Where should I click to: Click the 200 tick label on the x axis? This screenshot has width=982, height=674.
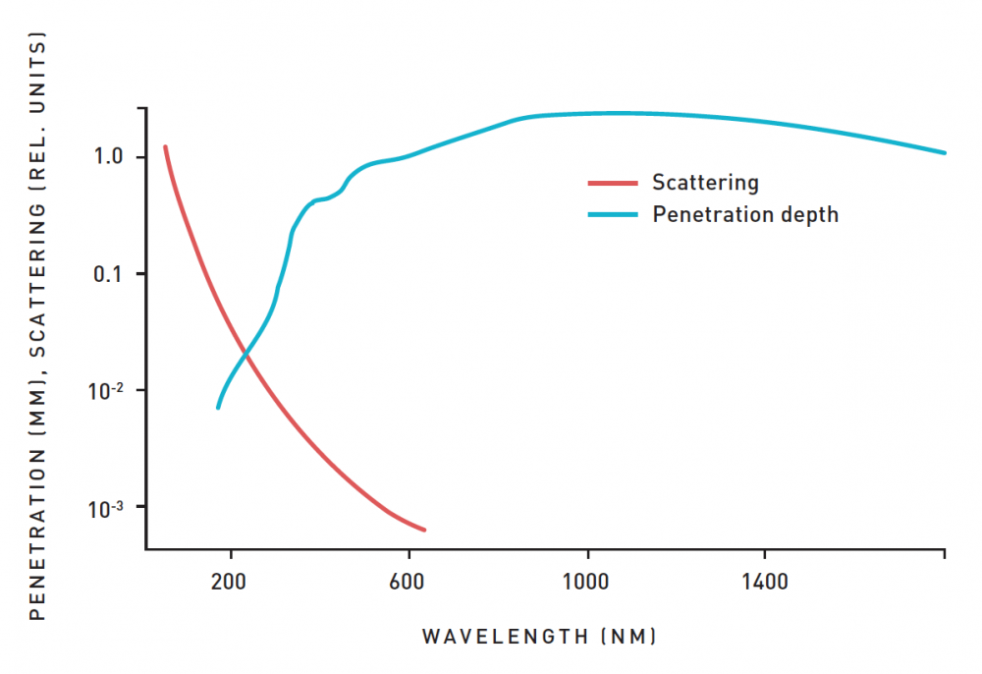click(229, 582)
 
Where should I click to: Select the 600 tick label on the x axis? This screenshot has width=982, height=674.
click(408, 582)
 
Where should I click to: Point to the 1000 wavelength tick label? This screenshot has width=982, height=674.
click(586, 582)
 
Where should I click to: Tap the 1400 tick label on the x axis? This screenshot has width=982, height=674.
click(765, 582)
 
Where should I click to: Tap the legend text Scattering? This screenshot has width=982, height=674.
click(705, 183)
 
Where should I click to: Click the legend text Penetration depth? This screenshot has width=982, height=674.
click(745, 214)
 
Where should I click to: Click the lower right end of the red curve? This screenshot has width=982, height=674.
click(424, 531)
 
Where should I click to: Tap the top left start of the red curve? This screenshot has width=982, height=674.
click(165, 146)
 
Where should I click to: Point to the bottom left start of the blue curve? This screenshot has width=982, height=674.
click(218, 407)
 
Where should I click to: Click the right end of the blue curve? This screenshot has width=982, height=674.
click(945, 152)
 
